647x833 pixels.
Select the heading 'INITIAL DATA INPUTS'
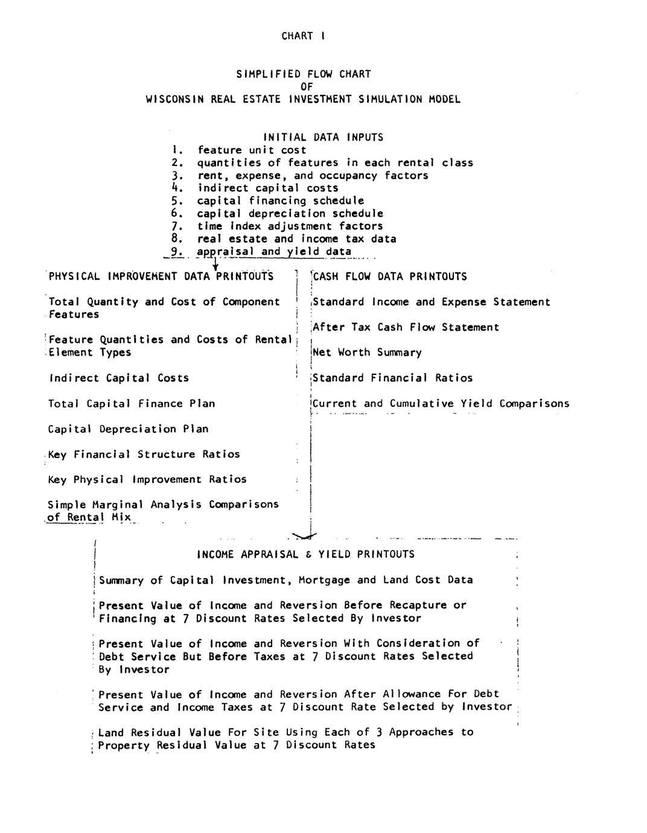(x=323, y=138)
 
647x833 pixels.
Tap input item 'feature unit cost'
(x=252, y=150)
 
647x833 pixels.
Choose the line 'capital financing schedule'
(x=281, y=201)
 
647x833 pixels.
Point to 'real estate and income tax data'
(x=296, y=239)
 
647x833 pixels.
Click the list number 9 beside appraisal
(x=176, y=252)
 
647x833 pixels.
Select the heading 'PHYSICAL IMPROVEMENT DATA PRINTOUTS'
(x=161, y=277)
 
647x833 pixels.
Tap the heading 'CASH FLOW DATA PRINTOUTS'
(x=390, y=277)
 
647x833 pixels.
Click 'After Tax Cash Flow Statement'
(x=406, y=328)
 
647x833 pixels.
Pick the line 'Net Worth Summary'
(x=367, y=353)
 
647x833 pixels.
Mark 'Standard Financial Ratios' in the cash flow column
(x=392, y=378)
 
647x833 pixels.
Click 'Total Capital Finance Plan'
(x=132, y=404)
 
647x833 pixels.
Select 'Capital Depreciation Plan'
(x=128, y=429)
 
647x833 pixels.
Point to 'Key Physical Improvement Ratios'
(x=147, y=480)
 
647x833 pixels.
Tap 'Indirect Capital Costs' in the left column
(x=118, y=378)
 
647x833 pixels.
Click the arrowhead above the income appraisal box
(x=304, y=535)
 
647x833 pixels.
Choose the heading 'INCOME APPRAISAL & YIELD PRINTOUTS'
(x=305, y=555)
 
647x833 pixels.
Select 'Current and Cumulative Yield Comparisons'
(x=441, y=404)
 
